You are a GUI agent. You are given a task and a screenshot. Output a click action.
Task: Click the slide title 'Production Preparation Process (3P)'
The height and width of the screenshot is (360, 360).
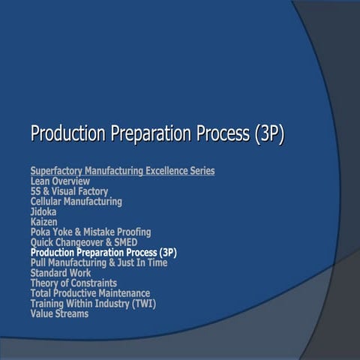pyautogui.click(x=157, y=135)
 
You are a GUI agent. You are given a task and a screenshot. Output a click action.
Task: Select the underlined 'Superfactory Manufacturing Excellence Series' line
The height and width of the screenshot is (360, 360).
pyautogui.click(x=122, y=171)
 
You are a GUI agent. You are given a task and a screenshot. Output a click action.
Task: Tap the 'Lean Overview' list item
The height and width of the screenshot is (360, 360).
pyautogui.click(x=60, y=181)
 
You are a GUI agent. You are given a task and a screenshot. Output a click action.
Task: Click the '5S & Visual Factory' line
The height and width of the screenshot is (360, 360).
pyautogui.click(x=69, y=192)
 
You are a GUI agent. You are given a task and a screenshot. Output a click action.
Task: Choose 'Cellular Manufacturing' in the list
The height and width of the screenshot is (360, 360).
pyautogui.click(x=76, y=202)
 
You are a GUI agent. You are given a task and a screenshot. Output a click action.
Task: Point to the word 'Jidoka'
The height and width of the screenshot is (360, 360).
pyautogui.click(x=43, y=212)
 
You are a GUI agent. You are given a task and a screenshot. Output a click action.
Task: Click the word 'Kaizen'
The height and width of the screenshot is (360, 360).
pyautogui.click(x=43, y=222)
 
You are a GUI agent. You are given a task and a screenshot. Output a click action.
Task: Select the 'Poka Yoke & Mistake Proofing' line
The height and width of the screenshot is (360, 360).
pyautogui.click(x=90, y=232)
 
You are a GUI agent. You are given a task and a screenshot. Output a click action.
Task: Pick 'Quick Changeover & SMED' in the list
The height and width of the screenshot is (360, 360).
pyautogui.click(x=83, y=243)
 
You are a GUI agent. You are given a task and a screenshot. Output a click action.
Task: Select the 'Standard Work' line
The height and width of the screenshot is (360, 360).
pyautogui.click(x=61, y=273)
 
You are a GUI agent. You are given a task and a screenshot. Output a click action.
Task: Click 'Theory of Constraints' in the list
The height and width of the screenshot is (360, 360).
pyautogui.click(x=73, y=283)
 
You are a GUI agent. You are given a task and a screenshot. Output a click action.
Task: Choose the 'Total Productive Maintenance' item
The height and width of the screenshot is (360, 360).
pyautogui.click(x=90, y=293)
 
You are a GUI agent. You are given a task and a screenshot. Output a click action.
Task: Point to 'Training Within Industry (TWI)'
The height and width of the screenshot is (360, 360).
pyautogui.click(x=93, y=304)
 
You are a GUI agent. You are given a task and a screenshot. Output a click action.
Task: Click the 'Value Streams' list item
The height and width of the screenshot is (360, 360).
pyautogui.click(x=59, y=313)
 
